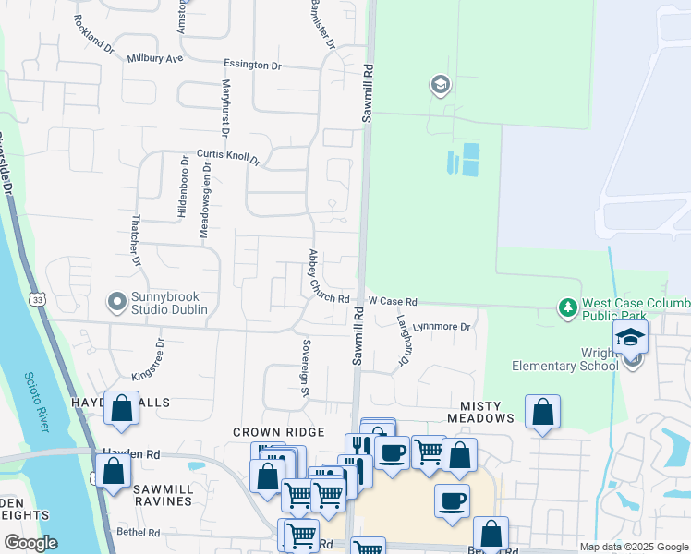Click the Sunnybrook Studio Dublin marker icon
pyautogui.click(x=116, y=301)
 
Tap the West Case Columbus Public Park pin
pyautogui.click(x=568, y=306)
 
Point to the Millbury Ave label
pyautogui.click(x=155, y=58)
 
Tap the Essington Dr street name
pyautogui.click(x=252, y=65)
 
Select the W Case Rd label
pyautogui.click(x=393, y=301)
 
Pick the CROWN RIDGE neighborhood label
pyautogui.click(x=278, y=432)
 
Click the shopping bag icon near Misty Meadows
pyautogui.click(x=543, y=412)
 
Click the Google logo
pyautogui.click(x=30, y=543)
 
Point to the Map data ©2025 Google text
pyautogui.click(x=634, y=547)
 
